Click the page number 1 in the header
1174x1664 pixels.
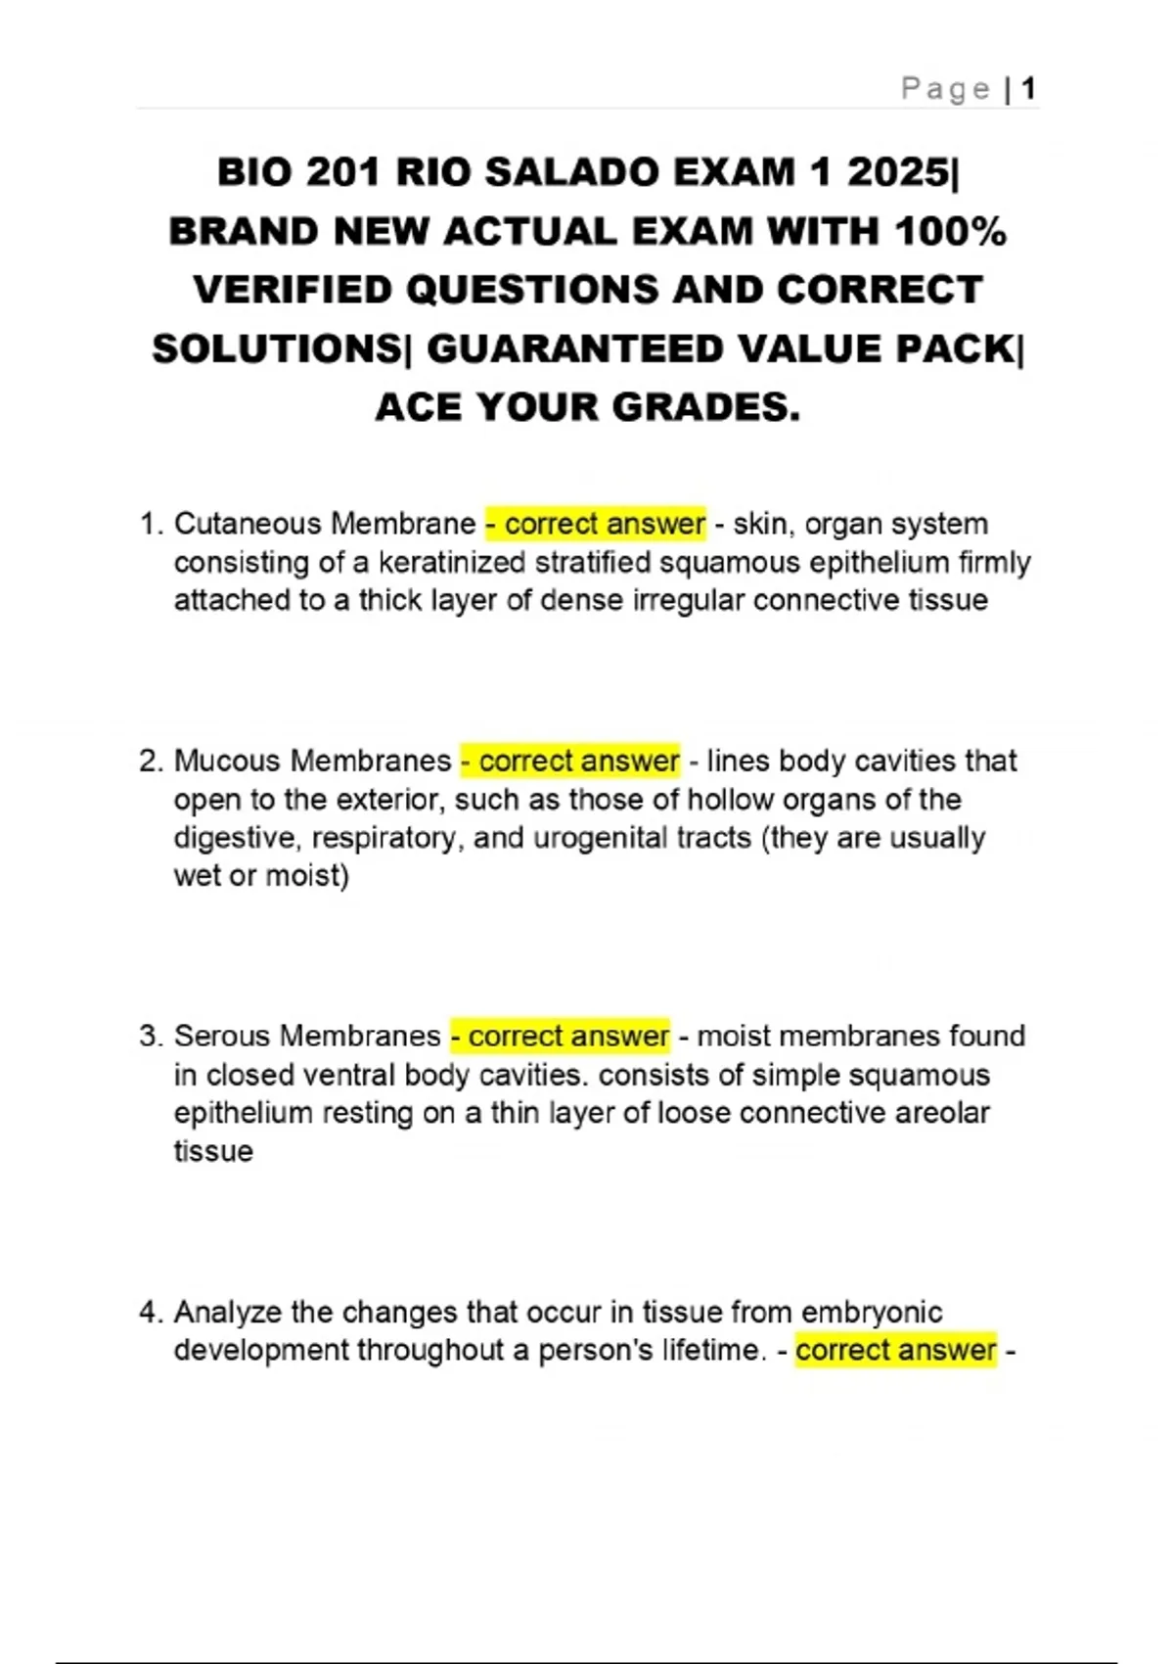[x=1027, y=90]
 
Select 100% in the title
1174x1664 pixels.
[x=950, y=232]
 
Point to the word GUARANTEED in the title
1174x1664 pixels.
[x=574, y=349]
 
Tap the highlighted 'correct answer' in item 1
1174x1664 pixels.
[x=596, y=524]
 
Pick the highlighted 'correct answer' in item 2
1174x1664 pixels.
[x=570, y=761]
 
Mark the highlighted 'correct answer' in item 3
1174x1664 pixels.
[x=561, y=1036]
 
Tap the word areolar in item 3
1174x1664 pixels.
[x=941, y=1113]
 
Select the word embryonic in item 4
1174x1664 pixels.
[x=872, y=1312]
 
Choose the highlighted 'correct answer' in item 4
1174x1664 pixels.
[x=895, y=1350]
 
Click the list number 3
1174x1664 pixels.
[x=149, y=1036]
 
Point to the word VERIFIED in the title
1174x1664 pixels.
[x=293, y=291]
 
